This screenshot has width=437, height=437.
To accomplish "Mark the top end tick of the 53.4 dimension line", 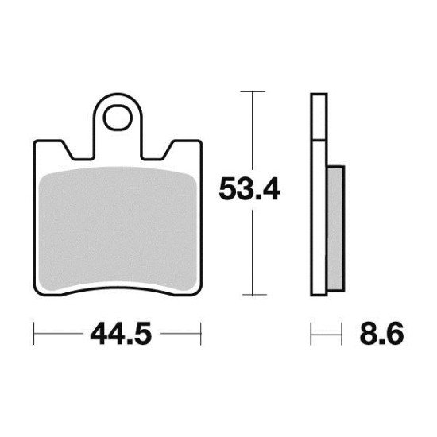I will pos(252,93).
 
